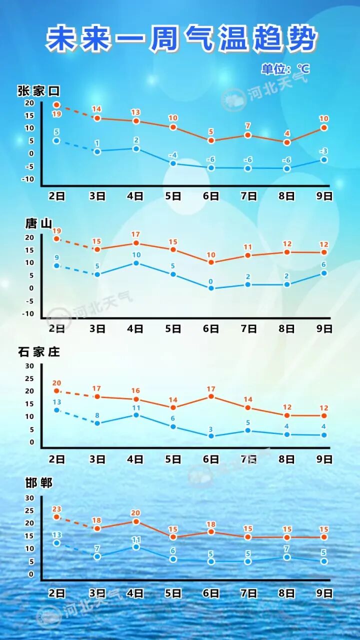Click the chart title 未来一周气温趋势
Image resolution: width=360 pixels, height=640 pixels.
click(181, 39)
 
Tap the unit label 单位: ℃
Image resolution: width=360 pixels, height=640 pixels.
click(285, 68)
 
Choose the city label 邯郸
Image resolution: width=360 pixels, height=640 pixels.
click(38, 482)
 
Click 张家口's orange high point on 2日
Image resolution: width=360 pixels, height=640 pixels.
click(56, 105)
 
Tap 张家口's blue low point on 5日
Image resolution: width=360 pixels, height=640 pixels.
click(173, 163)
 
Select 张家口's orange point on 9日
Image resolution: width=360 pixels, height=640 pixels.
click(324, 127)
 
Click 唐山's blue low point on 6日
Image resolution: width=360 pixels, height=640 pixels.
click(211, 288)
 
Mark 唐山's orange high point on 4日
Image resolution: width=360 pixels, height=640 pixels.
click(135, 243)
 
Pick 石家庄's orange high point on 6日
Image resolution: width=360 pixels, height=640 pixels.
click(211, 396)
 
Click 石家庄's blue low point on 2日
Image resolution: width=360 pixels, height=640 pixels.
click(56, 410)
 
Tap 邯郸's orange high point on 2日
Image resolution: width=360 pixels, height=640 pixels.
click(56, 517)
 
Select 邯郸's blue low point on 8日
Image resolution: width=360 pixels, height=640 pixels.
click(286, 557)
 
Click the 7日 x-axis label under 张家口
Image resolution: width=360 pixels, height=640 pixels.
click(248, 196)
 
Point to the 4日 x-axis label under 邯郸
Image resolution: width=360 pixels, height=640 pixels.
click(135, 593)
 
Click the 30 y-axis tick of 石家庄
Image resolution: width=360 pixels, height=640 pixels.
click(29, 366)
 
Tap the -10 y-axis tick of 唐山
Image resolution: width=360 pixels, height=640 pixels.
click(29, 314)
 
